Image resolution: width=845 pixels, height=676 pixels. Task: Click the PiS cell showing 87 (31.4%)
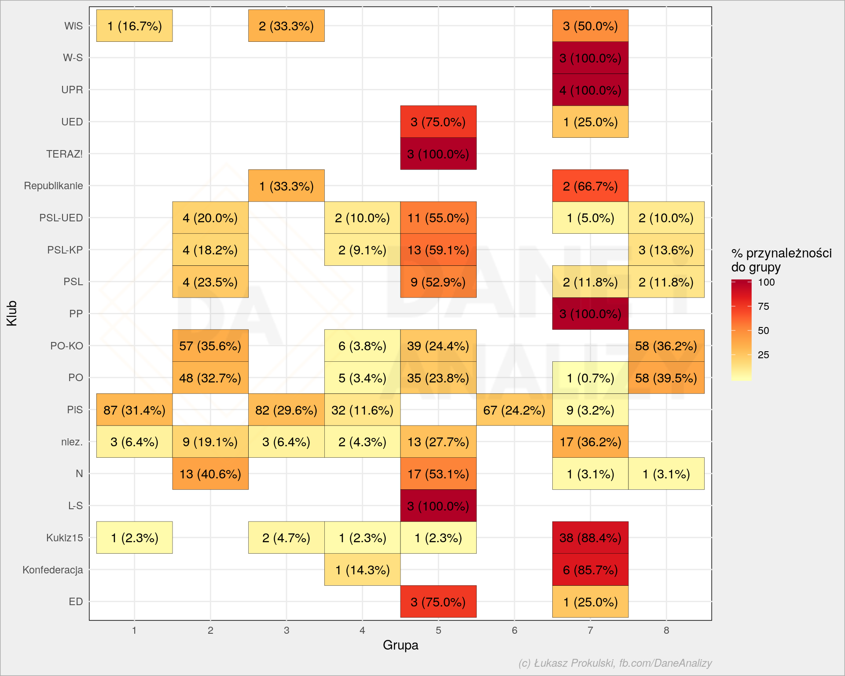[x=134, y=410]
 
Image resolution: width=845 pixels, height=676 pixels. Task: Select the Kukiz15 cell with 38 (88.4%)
[x=590, y=537]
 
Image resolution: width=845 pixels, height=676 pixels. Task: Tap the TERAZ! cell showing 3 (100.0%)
[x=438, y=154]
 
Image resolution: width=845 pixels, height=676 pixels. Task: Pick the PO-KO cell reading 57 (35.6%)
[x=210, y=345]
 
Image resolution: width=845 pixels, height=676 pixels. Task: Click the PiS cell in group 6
[x=514, y=410]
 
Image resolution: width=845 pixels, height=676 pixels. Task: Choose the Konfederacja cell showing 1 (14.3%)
[x=362, y=569]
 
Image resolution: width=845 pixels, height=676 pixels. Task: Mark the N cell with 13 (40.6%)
[x=210, y=474]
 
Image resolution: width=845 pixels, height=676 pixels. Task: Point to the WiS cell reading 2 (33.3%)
[x=287, y=26]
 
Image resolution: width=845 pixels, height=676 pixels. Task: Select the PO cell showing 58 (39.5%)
[x=666, y=378]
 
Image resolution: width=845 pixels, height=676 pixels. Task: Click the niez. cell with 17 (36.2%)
[x=590, y=441]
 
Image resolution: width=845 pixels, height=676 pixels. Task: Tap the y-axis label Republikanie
[x=53, y=186]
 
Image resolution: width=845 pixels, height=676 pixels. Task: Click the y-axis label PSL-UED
[x=61, y=218]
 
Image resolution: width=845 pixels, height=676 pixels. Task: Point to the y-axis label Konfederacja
[x=53, y=570]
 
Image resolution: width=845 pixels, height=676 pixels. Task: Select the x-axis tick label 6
[x=514, y=630]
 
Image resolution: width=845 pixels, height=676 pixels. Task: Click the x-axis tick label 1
[x=134, y=630]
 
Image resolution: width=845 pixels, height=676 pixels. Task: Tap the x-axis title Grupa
[x=400, y=645]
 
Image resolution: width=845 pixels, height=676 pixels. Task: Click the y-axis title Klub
[x=12, y=313]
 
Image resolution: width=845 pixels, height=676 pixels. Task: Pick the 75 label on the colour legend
[x=764, y=306]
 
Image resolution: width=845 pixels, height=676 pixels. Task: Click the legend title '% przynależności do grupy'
[x=781, y=260]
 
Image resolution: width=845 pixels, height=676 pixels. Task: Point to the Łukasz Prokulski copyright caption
[x=615, y=663]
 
